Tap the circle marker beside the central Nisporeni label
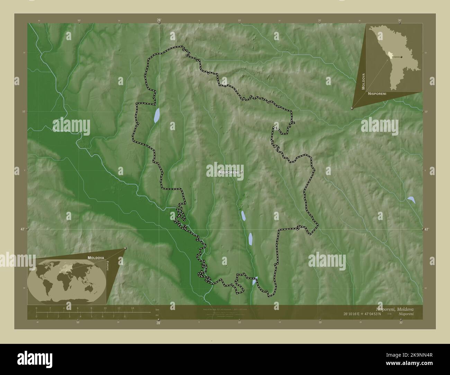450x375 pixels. pyautogui.click(x=242, y=172)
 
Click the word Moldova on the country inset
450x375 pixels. pyautogui.click(x=363, y=81)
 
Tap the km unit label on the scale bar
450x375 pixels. pyautogui.click(x=157, y=309)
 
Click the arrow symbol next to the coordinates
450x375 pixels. pyautogui.click(x=390, y=314)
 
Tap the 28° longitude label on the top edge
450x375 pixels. pyautogui.click(x=159, y=20)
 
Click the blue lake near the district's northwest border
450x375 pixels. pyautogui.click(x=156, y=116)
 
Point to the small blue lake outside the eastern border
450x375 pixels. pyautogui.click(x=411, y=200)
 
